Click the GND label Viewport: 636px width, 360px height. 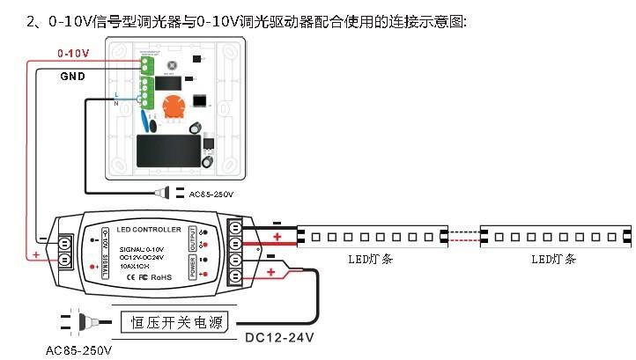[x=72, y=77]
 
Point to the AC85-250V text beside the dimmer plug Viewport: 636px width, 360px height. [x=210, y=194]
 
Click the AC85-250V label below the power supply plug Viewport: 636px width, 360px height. [x=78, y=350]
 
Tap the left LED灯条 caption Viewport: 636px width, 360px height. [x=363, y=259]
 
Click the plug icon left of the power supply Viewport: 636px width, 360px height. [x=79, y=322]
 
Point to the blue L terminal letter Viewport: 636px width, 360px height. [x=117, y=93]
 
